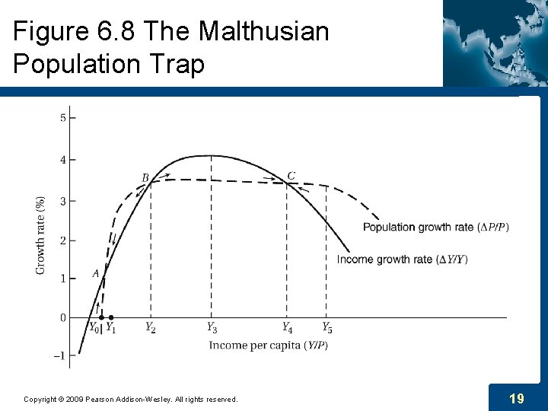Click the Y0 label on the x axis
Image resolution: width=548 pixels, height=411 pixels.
click(x=94, y=328)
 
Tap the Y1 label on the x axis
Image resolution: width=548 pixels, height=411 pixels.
click(x=110, y=328)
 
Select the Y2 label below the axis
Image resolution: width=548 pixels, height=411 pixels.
click(x=151, y=328)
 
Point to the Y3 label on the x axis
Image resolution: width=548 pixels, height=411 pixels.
click(x=212, y=328)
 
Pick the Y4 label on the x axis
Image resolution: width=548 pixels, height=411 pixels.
click(x=287, y=328)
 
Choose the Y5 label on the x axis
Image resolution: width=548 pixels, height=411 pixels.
click(x=327, y=328)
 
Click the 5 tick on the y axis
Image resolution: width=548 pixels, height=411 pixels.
click(x=62, y=118)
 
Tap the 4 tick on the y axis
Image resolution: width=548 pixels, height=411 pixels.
click(x=62, y=160)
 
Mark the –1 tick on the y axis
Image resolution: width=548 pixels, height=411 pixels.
click(x=61, y=355)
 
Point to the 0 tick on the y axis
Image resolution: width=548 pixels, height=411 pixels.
click(x=62, y=317)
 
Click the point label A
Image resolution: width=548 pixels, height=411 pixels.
click(x=96, y=273)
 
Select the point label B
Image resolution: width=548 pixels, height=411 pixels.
click(x=145, y=178)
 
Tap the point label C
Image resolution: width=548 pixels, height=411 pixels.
click(x=291, y=176)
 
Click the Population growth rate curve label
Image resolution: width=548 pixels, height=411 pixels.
click(x=435, y=227)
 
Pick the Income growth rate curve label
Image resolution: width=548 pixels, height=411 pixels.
click(x=402, y=260)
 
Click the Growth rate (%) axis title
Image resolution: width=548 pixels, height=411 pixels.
click(x=41, y=235)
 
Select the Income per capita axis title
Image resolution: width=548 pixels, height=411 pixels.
click(x=268, y=346)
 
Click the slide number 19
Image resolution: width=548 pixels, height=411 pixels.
click(x=517, y=398)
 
